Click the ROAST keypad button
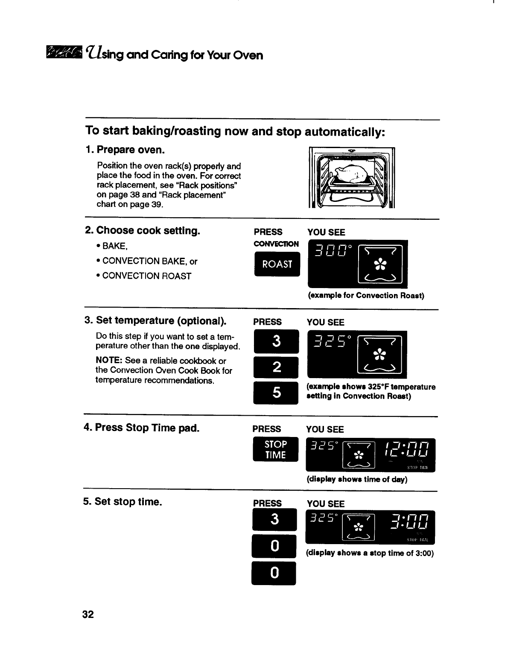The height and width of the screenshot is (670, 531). (x=277, y=264)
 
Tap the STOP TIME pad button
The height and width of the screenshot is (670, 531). (x=275, y=449)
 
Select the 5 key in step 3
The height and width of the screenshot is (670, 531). (x=276, y=392)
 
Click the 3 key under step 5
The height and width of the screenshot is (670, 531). (x=274, y=519)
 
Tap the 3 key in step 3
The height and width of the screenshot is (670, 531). (x=276, y=341)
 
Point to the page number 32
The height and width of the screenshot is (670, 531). (x=88, y=615)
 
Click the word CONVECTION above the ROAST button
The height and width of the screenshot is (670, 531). (x=276, y=244)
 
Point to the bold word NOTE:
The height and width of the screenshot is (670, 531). (x=109, y=361)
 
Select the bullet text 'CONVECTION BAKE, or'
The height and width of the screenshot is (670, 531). (x=149, y=261)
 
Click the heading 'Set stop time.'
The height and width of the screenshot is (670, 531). (x=123, y=501)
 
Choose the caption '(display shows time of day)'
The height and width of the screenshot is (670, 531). (x=357, y=479)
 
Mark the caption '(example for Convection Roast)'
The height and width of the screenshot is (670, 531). (x=366, y=296)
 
